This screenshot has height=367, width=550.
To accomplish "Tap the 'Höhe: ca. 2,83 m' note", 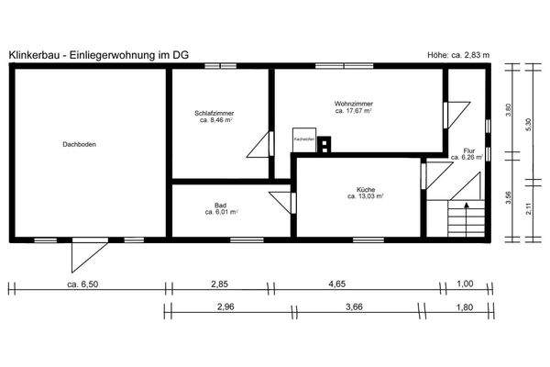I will (459, 55).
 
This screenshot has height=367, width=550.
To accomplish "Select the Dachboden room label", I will (80, 145).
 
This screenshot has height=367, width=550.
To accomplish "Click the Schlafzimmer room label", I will (213, 116).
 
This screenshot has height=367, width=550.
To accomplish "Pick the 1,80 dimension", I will (467, 307).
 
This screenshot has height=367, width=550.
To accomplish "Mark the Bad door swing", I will (280, 202).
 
